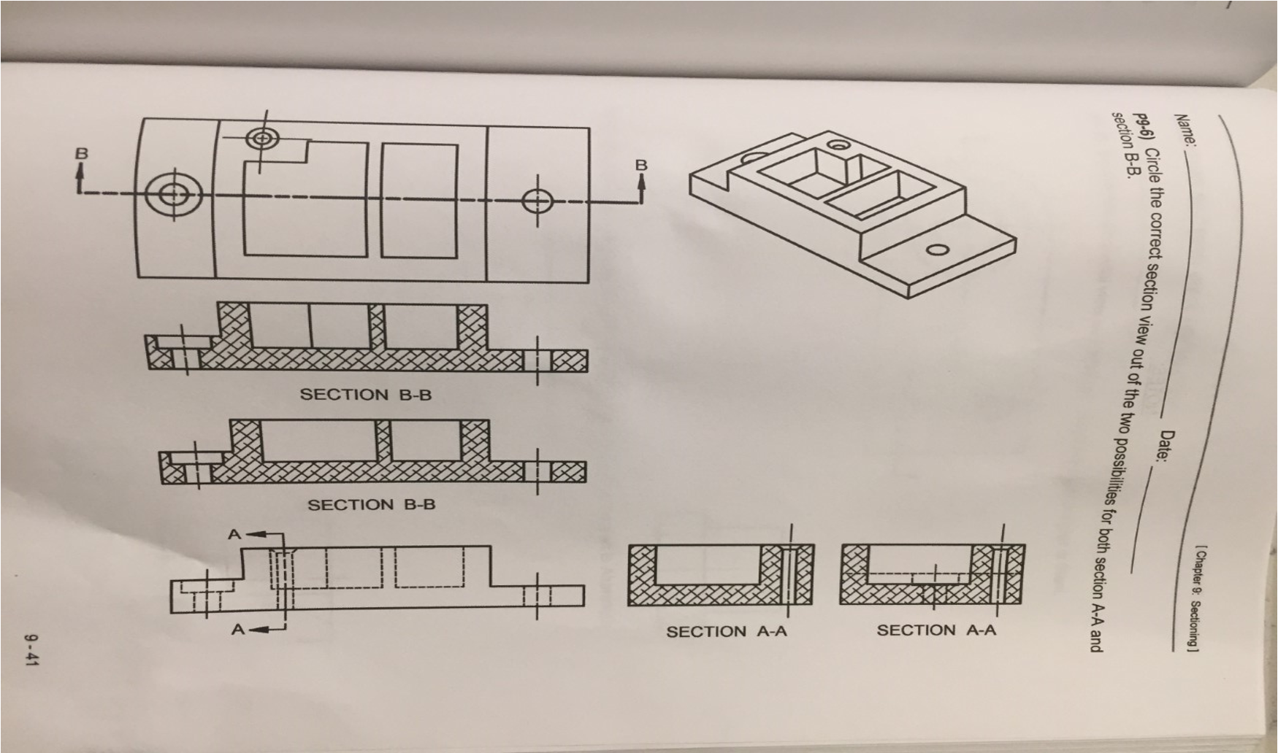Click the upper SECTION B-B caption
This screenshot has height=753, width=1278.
(365, 395)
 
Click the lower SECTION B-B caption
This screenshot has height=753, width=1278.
(371, 504)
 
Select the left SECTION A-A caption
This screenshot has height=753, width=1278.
(727, 631)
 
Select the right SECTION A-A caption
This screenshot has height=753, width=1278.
(936, 630)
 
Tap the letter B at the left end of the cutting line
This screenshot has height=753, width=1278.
(82, 154)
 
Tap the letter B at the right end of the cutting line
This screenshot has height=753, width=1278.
(641, 165)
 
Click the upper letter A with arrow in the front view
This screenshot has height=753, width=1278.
(234, 534)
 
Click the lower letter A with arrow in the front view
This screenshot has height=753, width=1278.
(238, 629)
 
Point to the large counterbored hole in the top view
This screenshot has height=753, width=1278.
(173, 194)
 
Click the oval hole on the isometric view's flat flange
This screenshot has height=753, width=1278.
(938, 250)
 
